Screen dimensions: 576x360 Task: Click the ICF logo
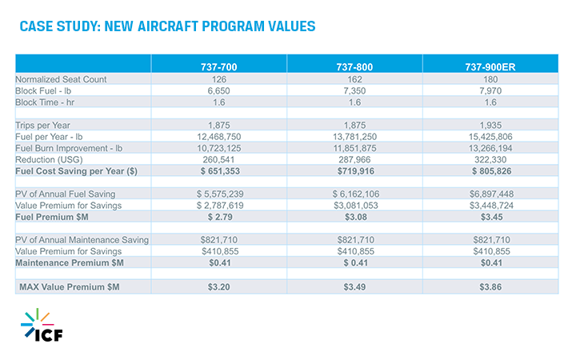pos(42,325)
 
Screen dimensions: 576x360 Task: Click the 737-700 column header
pos(218,67)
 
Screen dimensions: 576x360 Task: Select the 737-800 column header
pos(354,67)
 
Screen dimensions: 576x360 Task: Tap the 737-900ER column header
pos(490,67)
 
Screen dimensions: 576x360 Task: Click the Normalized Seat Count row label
pos(61,79)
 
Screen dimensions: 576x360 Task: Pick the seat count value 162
pos(354,79)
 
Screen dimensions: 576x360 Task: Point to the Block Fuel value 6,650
pos(218,90)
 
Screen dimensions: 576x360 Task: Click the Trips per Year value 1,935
pos(490,126)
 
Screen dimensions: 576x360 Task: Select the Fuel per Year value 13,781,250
pos(354,137)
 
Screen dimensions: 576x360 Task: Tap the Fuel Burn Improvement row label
pos(69,148)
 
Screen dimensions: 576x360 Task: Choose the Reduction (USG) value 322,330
pos(490,160)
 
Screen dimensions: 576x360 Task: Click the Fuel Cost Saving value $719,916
pos(355,171)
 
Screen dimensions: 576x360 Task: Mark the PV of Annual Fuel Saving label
pos(66,194)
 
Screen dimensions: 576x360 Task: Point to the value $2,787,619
pos(220,206)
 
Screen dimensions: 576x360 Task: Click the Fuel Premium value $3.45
pos(491,217)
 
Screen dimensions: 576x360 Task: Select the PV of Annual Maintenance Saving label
pos(82,240)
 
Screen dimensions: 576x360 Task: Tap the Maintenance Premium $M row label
pos(70,263)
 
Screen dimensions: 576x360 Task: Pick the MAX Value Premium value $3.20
pos(218,287)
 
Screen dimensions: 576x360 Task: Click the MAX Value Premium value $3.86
pos(490,287)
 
